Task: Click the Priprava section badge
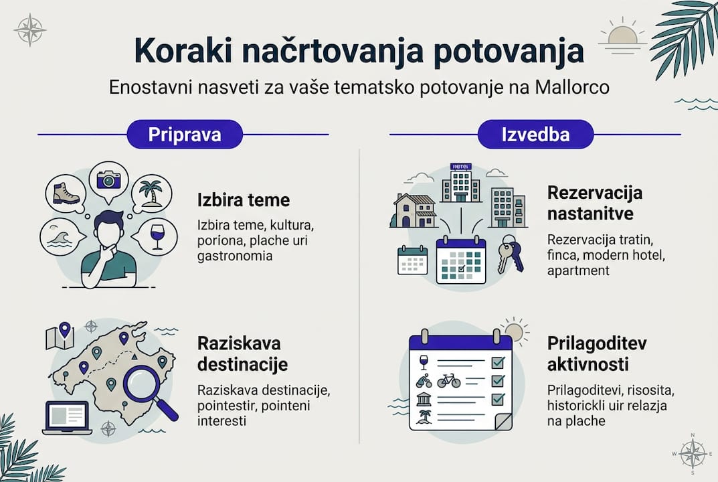point(184,134)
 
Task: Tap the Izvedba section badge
point(535,134)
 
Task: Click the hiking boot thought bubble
point(66,193)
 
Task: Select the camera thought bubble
point(108,179)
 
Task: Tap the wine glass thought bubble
point(157,236)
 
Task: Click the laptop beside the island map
point(66,417)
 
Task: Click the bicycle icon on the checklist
point(448,381)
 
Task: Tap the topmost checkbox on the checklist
point(497,363)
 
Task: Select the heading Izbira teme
point(244,199)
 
